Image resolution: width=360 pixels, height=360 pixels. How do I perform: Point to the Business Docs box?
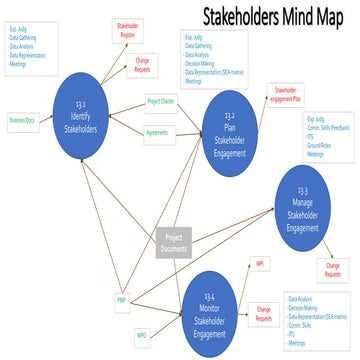click(21, 121)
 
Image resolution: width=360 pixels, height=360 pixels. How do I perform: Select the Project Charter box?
click(161, 102)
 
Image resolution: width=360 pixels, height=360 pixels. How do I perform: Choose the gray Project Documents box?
click(172, 241)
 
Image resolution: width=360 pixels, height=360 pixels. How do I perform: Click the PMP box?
click(121, 299)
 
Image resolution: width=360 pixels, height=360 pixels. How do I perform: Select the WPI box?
click(259, 263)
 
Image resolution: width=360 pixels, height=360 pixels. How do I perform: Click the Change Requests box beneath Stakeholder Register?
click(142, 67)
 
